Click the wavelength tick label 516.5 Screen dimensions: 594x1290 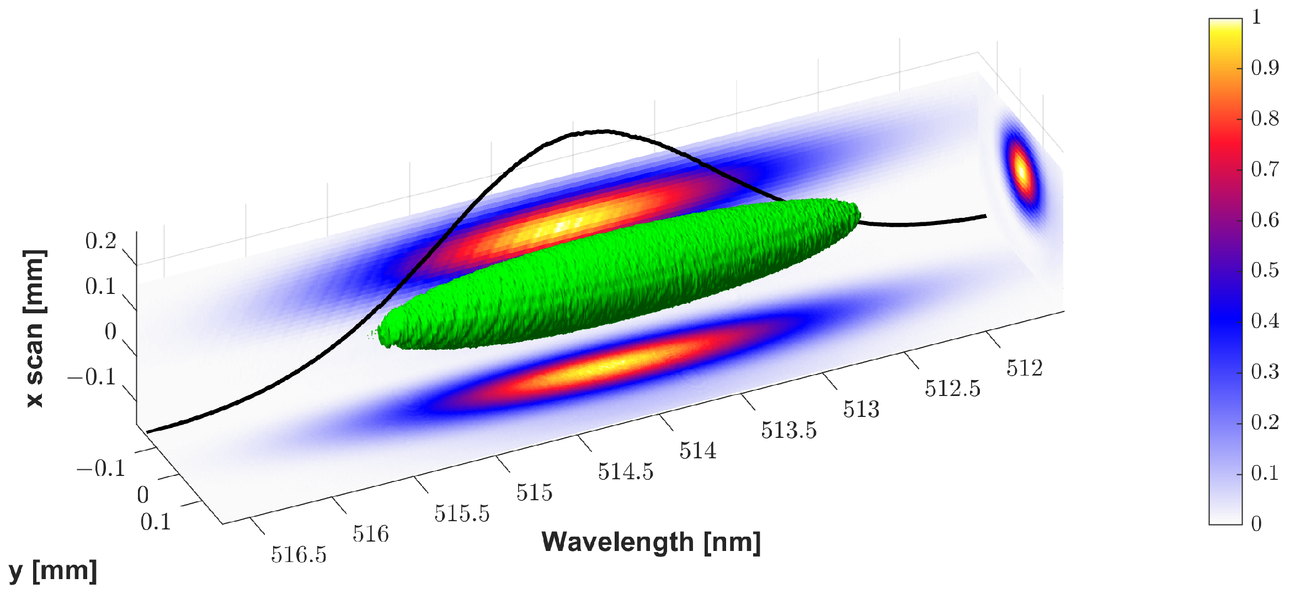(298, 554)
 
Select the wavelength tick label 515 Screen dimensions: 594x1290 (534, 493)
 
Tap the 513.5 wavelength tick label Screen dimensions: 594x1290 (788, 430)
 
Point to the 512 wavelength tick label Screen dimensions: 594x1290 (1024, 368)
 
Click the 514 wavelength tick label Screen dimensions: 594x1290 (697, 451)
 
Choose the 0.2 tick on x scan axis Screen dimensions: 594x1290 (100, 242)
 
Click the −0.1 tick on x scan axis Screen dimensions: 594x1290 (92, 377)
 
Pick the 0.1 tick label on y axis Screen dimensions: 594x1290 (156, 522)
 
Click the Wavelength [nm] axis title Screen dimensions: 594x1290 (651, 542)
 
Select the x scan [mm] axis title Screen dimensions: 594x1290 (34, 329)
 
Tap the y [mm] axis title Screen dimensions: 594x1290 (53, 571)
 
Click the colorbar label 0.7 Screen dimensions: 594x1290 (1265, 169)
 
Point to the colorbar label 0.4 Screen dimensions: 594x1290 (1265, 321)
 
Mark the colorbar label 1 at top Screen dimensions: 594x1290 (1256, 18)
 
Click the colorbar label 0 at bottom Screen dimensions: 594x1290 (1256, 523)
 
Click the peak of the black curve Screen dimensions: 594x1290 (599, 132)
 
